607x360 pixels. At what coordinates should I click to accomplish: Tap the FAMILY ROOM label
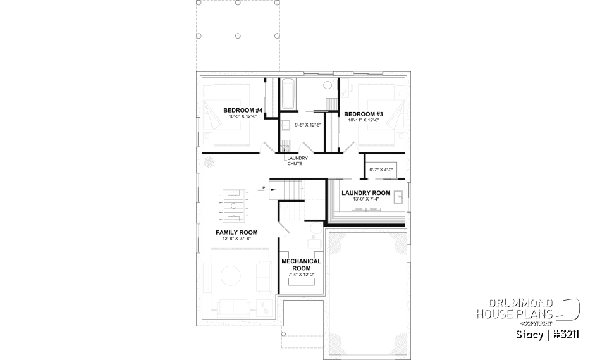pos(236,232)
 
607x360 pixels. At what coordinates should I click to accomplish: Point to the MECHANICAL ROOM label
pos(301,264)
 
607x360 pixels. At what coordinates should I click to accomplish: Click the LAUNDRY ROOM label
pos(366,193)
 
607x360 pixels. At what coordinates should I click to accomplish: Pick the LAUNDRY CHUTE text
pos(295,161)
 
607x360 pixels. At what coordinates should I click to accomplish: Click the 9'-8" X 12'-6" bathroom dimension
pos(309,125)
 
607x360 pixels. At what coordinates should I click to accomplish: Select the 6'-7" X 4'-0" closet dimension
pos(381,170)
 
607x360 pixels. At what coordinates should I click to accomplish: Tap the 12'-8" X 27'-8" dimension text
pos(236,239)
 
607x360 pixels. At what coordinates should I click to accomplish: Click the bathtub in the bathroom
pos(288,93)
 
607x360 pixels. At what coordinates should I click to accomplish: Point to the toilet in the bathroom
pos(328,85)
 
